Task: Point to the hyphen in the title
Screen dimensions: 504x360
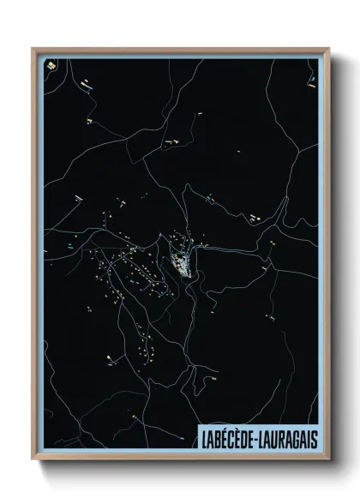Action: click(x=261, y=435)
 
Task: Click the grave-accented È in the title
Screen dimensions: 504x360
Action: click(x=243, y=435)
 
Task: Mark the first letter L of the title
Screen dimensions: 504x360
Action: click(x=203, y=435)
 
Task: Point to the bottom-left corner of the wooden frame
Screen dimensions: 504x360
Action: click(x=33, y=459)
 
